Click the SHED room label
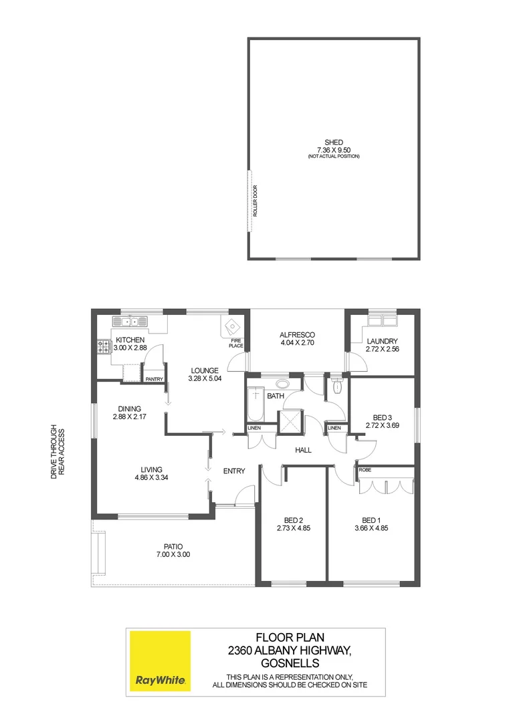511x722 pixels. tap(334, 142)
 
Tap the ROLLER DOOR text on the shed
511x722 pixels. tap(255, 201)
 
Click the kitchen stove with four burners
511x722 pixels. tap(104, 347)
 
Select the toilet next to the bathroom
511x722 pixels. tap(336, 386)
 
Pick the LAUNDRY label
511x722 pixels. tap(382, 341)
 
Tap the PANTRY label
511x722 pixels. tap(155, 379)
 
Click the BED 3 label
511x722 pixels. tap(382, 416)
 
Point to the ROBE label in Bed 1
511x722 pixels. tap(365, 470)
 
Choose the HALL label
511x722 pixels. tap(304, 451)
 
